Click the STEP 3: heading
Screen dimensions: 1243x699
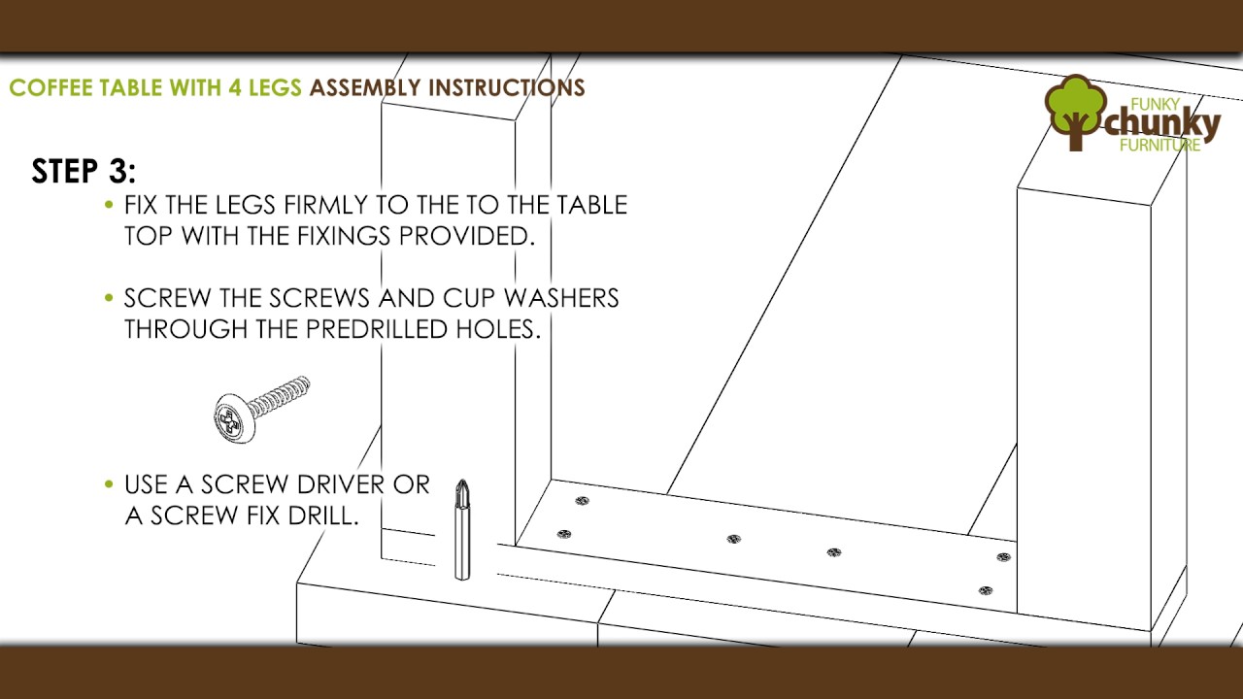coord(84,170)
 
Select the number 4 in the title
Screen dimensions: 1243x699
coord(235,87)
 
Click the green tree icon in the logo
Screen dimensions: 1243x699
coord(1075,112)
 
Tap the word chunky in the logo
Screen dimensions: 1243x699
coord(1162,124)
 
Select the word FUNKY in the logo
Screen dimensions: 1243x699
coord(1155,104)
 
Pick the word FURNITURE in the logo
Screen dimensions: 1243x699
coord(1159,146)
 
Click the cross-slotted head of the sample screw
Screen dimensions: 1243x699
coord(230,418)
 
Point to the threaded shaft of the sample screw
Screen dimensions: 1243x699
coord(279,396)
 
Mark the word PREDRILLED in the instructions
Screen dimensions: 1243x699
coord(377,329)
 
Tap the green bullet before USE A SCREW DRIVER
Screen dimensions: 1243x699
coord(109,484)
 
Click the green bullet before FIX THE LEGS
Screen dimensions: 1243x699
coord(109,205)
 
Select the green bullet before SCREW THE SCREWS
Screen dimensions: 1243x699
coord(109,298)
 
